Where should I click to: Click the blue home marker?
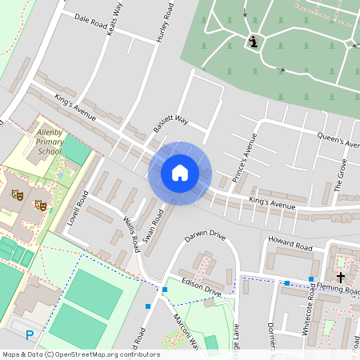pos(180,173)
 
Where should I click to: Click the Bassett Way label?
pos(171,121)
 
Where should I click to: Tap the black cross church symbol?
pos(341,277)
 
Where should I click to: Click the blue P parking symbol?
pos(30,335)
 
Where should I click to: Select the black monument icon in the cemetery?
pos(254,42)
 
